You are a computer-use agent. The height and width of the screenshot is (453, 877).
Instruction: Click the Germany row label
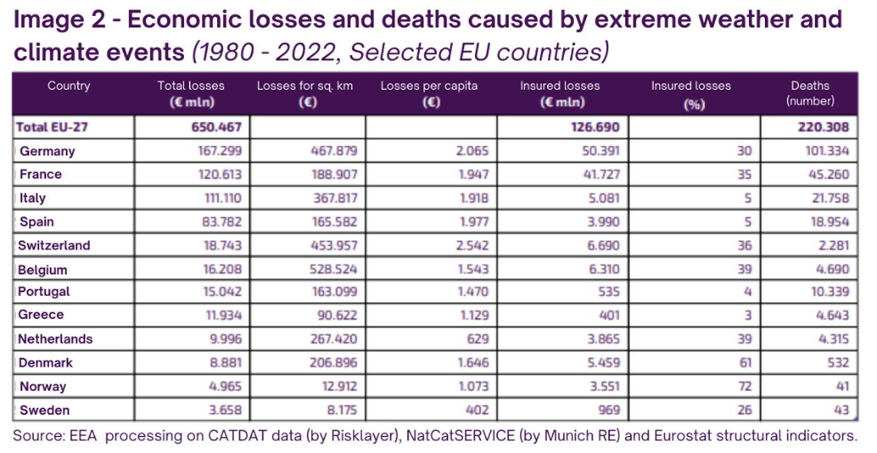click(x=47, y=151)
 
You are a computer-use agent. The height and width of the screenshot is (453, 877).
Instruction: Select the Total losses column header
click(x=191, y=94)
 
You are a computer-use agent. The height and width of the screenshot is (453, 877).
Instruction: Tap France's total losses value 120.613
click(x=220, y=174)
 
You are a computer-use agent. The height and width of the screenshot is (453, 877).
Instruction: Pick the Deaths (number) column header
click(x=810, y=93)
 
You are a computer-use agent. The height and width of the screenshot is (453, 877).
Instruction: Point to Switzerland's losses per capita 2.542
click(x=472, y=246)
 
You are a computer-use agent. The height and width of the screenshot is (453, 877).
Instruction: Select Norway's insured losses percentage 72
click(x=745, y=386)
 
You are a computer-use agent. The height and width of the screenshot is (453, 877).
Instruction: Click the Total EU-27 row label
click(x=52, y=127)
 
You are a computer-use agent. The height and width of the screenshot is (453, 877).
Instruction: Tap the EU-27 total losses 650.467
click(x=216, y=127)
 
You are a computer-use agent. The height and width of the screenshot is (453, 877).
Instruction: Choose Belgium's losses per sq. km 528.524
click(x=333, y=269)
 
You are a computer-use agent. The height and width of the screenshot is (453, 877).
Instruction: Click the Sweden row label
click(x=44, y=411)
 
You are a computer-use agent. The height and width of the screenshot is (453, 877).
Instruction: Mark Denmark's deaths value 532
click(x=838, y=362)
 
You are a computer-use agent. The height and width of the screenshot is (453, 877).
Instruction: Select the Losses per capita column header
click(x=430, y=94)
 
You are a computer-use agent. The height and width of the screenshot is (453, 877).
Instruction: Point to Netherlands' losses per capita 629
click(x=478, y=339)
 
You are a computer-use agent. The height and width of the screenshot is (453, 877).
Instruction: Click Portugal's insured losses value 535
click(x=609, y=292)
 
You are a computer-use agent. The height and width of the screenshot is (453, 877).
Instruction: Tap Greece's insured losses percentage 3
click(x=748, y=315)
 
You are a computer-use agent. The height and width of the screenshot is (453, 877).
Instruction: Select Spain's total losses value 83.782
click(x=222, y=222)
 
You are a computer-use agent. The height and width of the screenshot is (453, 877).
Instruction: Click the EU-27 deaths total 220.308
click(x=824, y=127)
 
